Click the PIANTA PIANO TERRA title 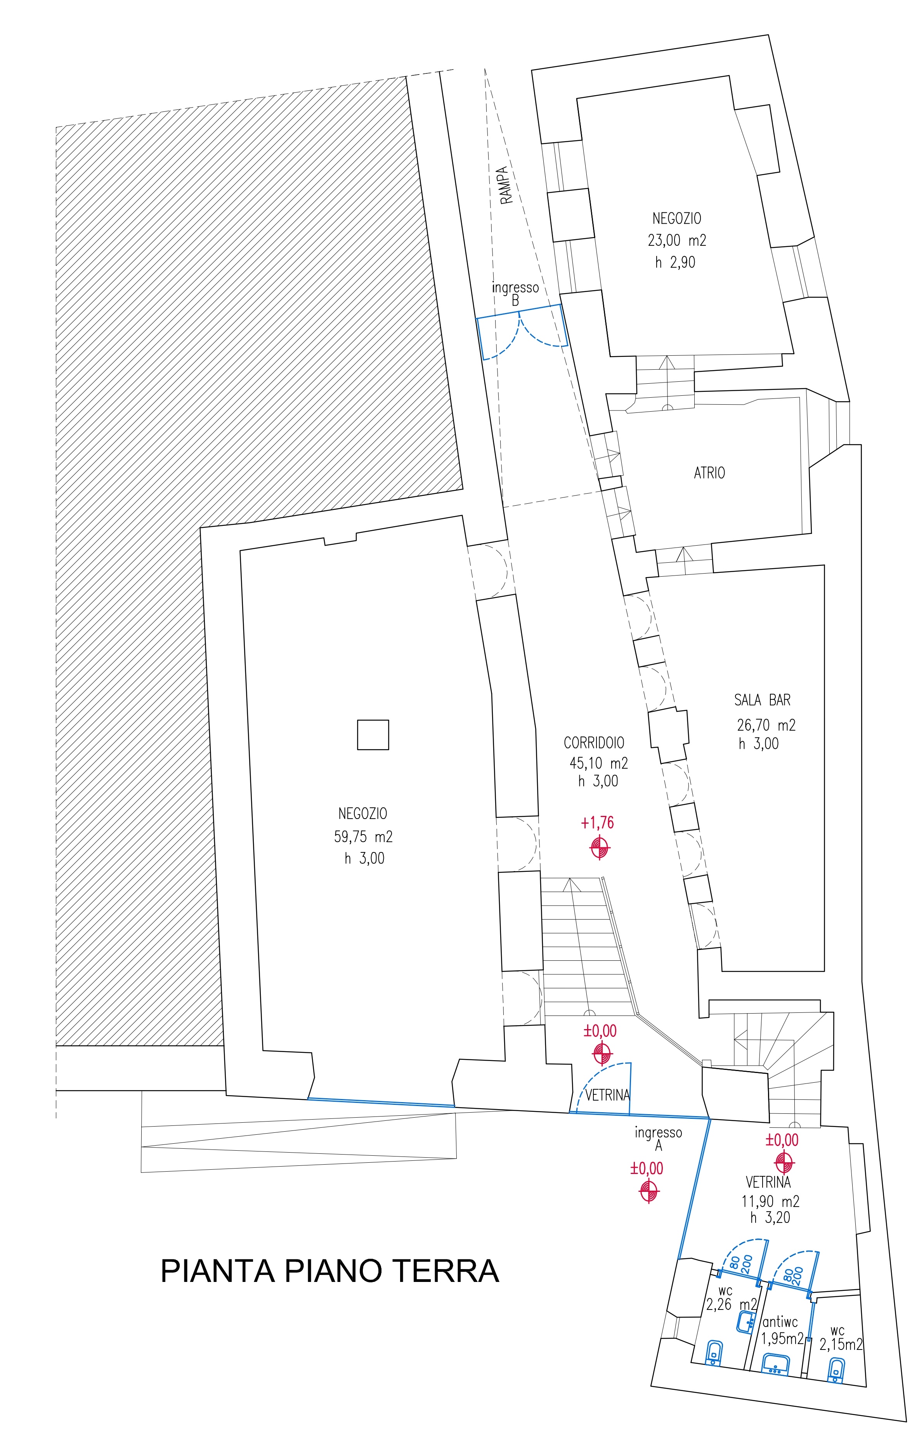click(x=329, y=1271)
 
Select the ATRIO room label click(x=709, y=473)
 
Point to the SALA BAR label click(x=762, y=700)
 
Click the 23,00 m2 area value click(x=677, y=241)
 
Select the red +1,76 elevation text click(x=597, y=823)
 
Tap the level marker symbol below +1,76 click(x=600, y=848)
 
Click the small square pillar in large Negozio click(x=373, y=735)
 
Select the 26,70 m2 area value click(x=766, y=725)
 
